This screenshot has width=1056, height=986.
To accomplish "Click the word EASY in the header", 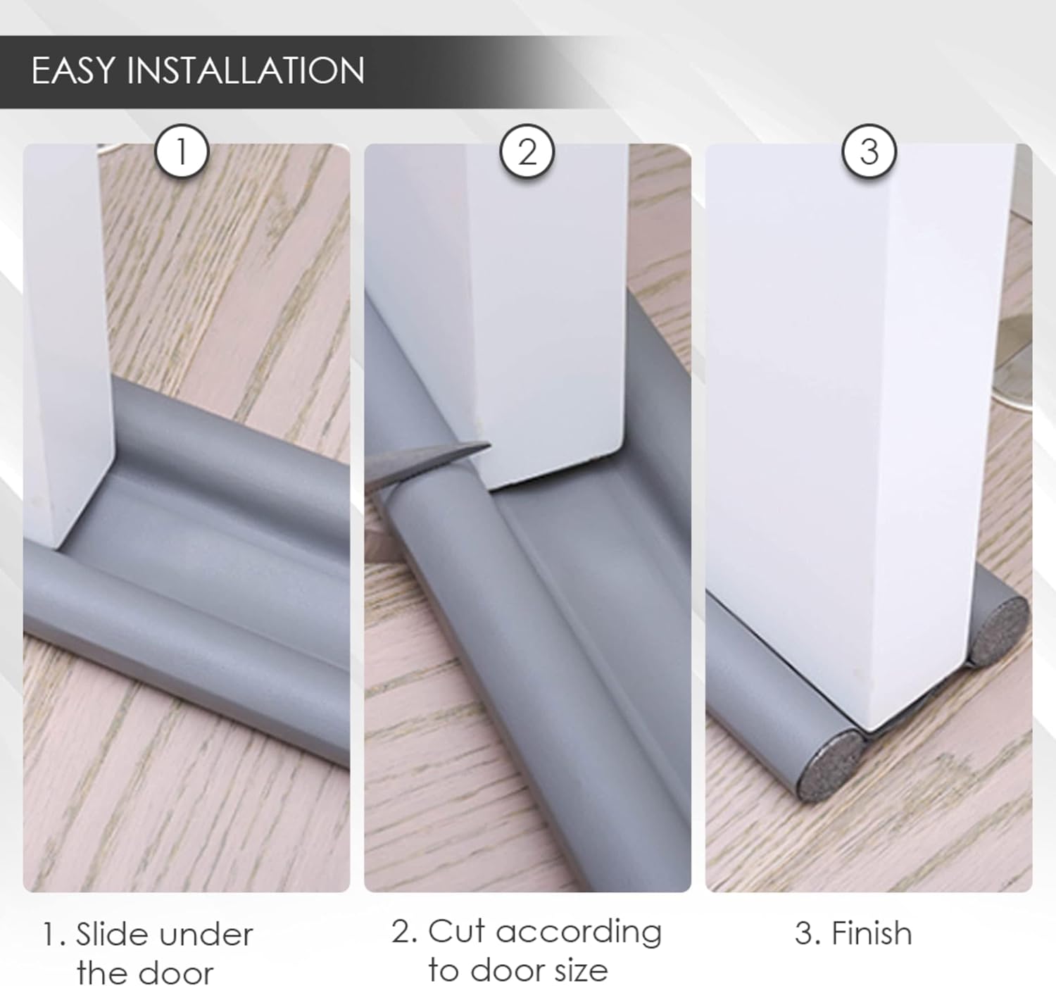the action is pos(73,70).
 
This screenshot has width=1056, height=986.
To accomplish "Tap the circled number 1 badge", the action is pos(182,151).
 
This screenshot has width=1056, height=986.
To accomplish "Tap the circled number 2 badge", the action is pos(527,151).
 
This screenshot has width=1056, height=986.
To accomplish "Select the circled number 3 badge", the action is pos(869,151).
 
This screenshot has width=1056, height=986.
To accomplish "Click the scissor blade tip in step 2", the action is pos(489,444).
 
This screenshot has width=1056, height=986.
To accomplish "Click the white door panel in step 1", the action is pos(66,346).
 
